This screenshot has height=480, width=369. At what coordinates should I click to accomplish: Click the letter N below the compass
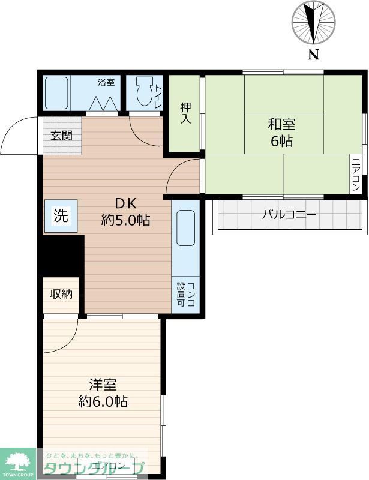(x=313, y=56)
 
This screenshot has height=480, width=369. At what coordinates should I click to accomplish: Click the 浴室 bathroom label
(x=106, y=82)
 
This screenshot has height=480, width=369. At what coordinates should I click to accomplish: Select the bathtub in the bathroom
(x=56, y=93)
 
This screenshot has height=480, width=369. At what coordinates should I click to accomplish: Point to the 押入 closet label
(x=185, y=113)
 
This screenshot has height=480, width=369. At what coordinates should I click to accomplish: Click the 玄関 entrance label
(x=61, y=135)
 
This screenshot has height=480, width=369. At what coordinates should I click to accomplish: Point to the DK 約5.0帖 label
(x=125, y=211)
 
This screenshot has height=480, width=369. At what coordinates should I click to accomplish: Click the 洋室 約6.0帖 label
(x=103, y=392)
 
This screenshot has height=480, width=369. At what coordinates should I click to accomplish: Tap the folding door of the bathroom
(x=103, y=104)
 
